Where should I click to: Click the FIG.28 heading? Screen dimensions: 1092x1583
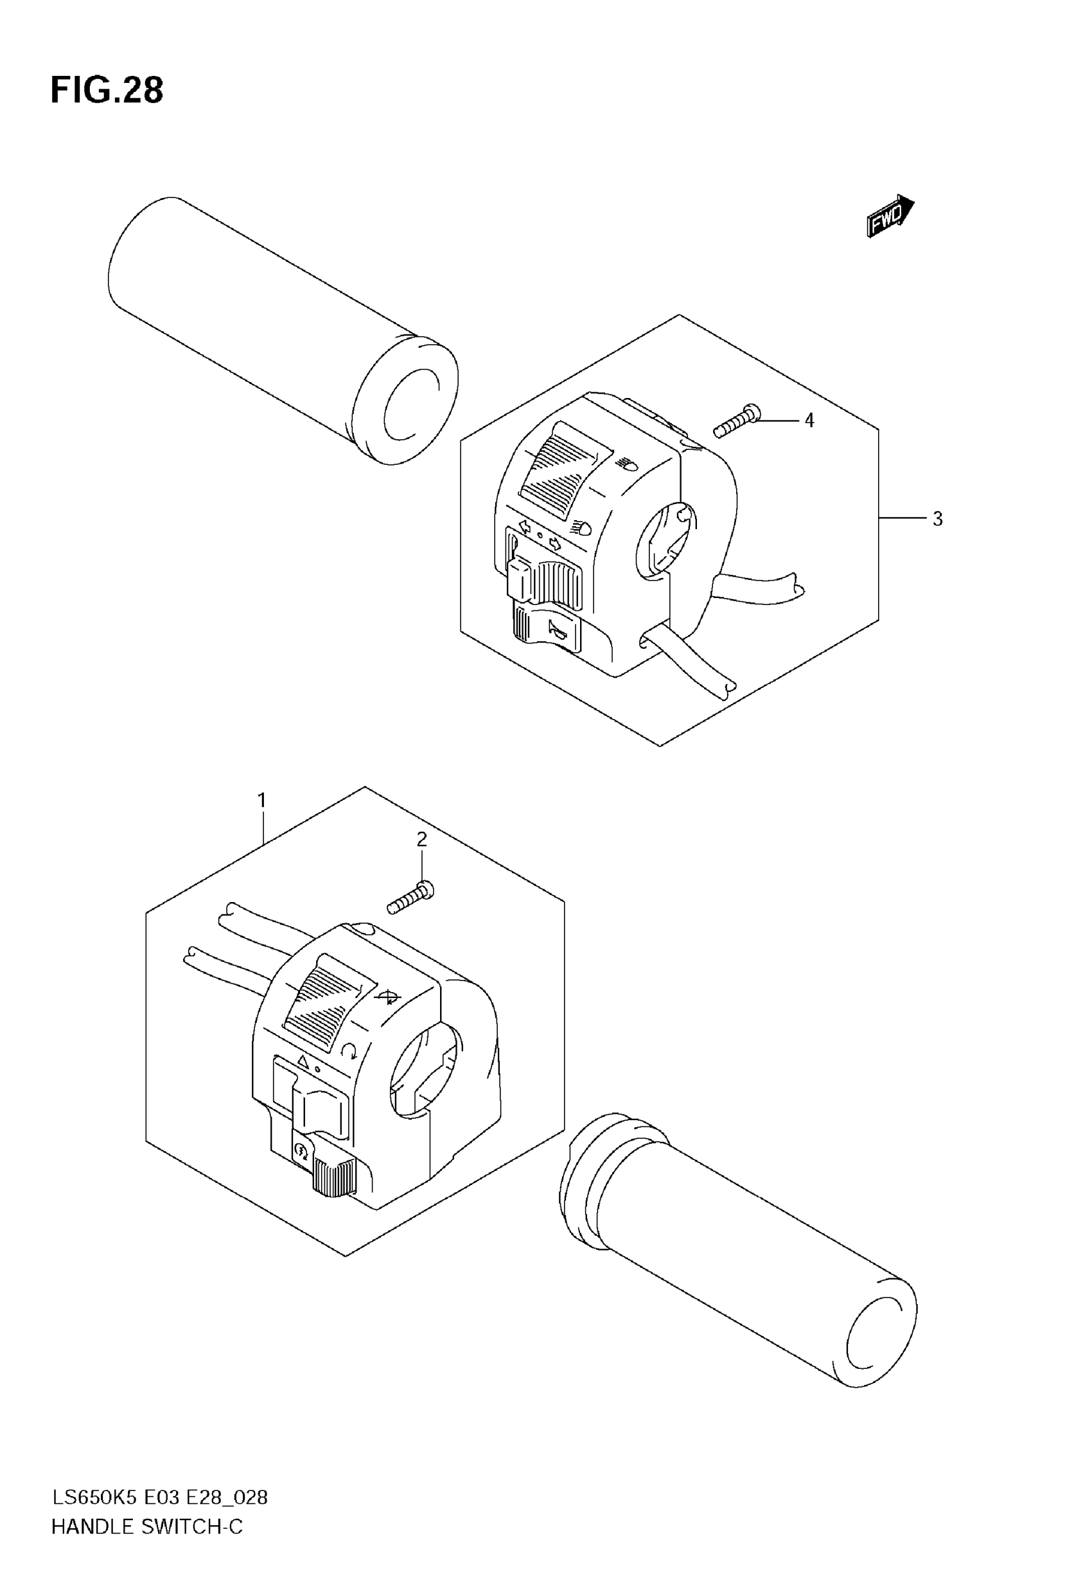(107, 91)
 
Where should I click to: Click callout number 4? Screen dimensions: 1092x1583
(809, 421)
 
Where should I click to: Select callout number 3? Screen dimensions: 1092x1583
(937, 519)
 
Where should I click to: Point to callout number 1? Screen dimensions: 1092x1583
(261, 800)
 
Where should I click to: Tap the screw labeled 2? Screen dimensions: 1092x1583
(410, 898)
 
